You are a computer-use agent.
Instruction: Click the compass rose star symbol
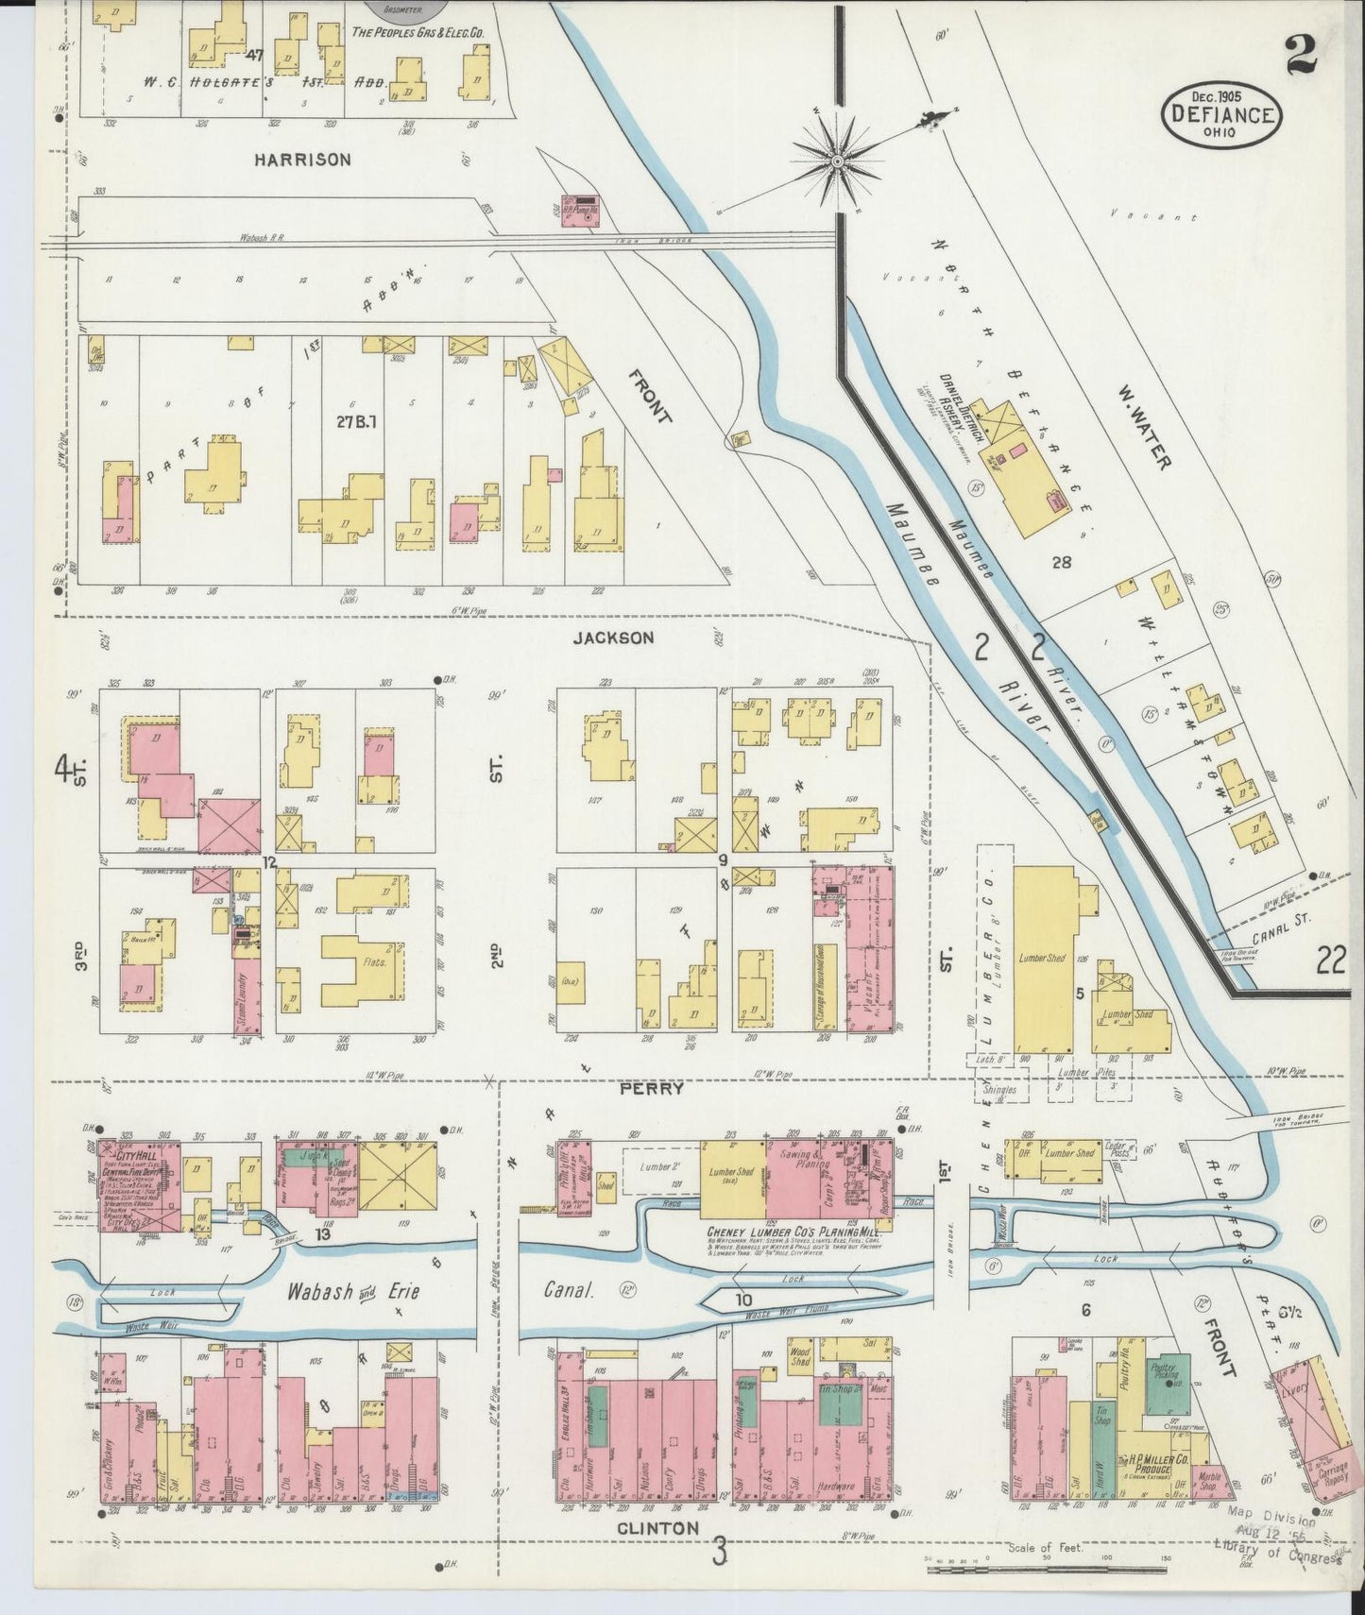pos(837,162)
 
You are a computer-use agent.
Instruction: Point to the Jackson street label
pos(613,638)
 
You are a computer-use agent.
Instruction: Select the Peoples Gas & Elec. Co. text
pos(418,32)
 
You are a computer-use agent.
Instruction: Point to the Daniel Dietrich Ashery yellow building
pos(1021,464)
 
